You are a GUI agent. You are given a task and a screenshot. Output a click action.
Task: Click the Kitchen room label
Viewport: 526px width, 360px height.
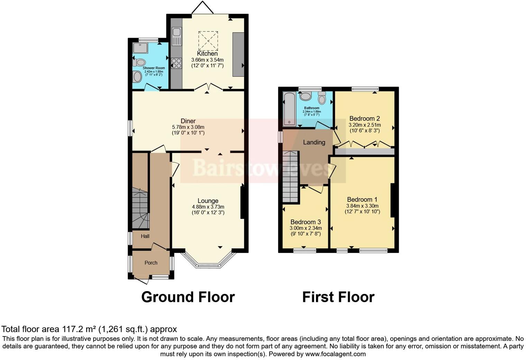(207, 54)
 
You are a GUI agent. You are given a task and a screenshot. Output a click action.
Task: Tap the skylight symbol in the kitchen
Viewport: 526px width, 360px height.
(208, 40)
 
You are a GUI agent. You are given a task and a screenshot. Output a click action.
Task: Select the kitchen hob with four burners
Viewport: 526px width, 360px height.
(176, 63)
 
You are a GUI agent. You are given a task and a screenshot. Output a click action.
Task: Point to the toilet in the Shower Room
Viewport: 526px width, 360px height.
(139, 63)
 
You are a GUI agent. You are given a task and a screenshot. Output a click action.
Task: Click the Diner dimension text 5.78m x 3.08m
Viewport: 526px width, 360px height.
(188, 127)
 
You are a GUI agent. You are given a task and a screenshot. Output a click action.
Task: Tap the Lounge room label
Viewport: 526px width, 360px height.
(208, 201)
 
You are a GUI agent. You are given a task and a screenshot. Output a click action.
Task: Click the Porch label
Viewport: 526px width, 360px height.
(151, 263)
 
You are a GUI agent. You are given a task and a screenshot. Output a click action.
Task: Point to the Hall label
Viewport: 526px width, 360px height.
(145, 236)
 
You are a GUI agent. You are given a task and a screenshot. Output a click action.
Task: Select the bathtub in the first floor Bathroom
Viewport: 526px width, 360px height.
(289, 109)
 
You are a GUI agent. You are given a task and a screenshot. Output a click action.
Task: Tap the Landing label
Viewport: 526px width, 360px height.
(314, 142)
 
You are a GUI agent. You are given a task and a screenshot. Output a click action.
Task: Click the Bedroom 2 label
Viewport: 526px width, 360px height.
(364, 118)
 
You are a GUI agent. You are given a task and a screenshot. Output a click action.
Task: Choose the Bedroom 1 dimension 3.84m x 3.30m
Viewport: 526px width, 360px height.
(362, 206)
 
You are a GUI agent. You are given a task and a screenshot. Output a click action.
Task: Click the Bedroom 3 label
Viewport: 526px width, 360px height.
(305, 222)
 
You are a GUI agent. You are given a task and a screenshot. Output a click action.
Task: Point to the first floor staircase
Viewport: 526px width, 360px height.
(290, 177)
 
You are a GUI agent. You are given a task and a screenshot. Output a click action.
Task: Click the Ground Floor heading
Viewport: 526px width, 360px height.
(188, 297)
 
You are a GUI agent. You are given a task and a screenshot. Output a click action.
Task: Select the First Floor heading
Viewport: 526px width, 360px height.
(338, 297)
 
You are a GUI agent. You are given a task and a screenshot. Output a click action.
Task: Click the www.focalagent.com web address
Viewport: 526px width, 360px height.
(335, 354)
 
